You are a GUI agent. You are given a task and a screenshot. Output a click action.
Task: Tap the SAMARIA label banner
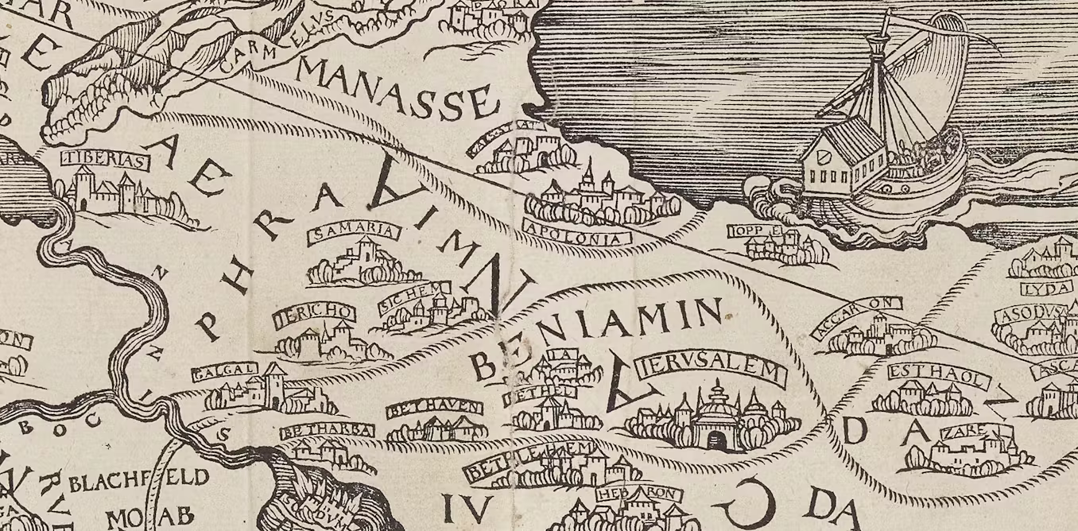353,232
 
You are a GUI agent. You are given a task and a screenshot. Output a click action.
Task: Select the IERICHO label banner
314,315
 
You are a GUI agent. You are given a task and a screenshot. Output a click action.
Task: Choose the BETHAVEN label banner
434,409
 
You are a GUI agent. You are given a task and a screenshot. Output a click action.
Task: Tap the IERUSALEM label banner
711,369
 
